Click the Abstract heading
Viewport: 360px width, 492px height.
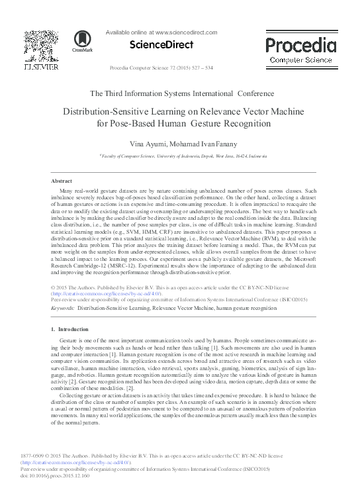point(62,180)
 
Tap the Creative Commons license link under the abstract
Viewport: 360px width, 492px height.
point(103,293)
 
